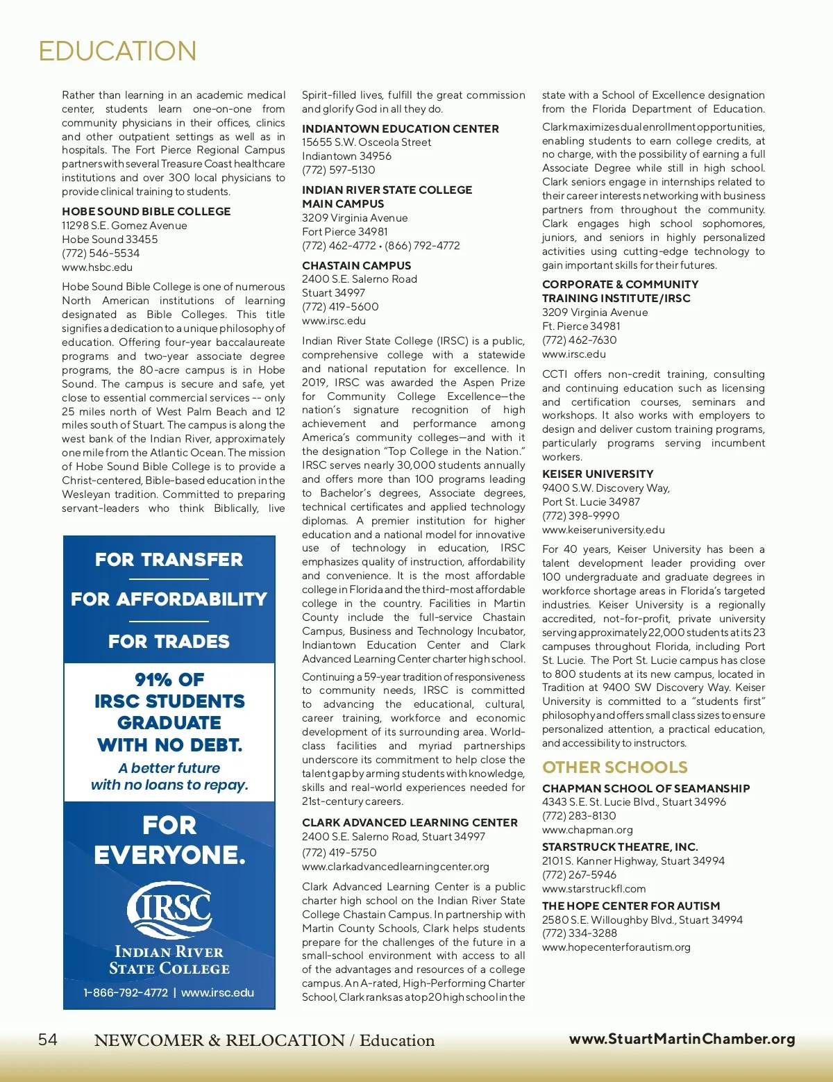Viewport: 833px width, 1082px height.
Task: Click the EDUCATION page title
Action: [x=117, y=51]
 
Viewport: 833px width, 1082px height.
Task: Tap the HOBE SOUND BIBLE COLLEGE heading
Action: [x=146, y=211]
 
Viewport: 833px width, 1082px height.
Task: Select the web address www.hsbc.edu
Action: [x=96, y=267]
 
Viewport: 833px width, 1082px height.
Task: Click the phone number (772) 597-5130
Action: [x=338, y=169]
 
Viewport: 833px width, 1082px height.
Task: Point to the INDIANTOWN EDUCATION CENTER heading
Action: [x=400, y=128]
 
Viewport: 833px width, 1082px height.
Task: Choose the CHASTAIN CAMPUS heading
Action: [x=356, y=265]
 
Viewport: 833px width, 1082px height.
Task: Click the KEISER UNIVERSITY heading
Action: [x=597, y=474]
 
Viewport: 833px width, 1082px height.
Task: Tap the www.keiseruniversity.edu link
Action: [x=603, y=529]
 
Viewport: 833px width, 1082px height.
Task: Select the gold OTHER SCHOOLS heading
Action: [x=614, y=767]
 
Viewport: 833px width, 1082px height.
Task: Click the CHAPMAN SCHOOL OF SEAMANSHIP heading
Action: [x=646, y=788]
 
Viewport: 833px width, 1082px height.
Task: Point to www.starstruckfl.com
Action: [x=594, y=888]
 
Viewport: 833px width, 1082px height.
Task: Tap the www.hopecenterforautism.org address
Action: [x=616, y=947]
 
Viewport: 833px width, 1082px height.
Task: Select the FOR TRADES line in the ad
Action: [x=169, y=641]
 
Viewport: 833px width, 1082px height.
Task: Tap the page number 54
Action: [x=48, y=1039]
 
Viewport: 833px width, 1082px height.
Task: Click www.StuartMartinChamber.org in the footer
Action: [x=682, y=1038]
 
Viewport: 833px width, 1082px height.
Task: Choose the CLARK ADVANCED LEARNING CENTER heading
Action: [x=410, y=822]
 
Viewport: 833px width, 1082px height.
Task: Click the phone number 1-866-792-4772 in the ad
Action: [x=126, y=992]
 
